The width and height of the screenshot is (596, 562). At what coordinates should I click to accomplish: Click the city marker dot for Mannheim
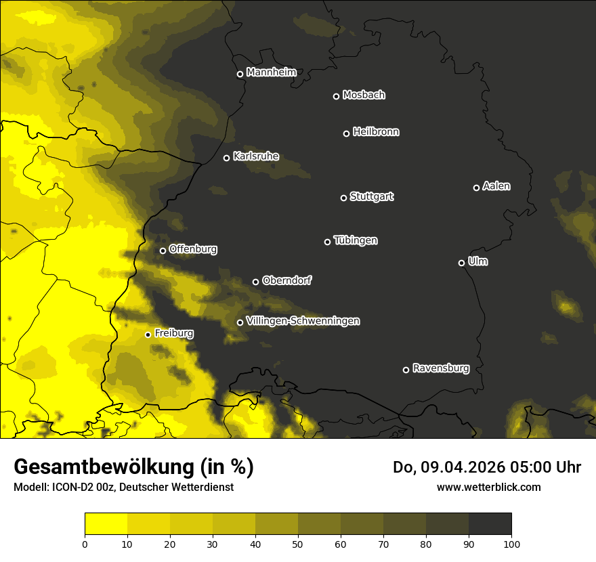coord(240,74)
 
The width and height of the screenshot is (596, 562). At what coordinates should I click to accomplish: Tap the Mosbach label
coord(364,95)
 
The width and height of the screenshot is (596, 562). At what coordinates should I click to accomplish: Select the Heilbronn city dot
coord(346,133)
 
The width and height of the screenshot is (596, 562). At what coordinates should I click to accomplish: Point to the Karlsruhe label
coord(256,156)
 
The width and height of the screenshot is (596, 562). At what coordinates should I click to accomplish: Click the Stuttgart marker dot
coord(343,198)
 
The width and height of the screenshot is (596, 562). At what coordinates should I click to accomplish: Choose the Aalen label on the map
coord(496,186)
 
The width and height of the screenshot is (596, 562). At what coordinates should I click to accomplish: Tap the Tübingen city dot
coord(327,242)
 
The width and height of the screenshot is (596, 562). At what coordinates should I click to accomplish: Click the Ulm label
coord(477,261)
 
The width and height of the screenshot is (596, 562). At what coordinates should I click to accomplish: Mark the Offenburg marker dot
coord(163,251)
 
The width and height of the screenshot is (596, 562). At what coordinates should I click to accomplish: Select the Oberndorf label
coord(287,280)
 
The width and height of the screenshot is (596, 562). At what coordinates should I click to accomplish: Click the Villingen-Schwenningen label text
coord(303,321)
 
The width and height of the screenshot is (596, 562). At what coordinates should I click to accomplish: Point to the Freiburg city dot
coord(148,334)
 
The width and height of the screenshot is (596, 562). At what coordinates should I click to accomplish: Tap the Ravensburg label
coord(441,368)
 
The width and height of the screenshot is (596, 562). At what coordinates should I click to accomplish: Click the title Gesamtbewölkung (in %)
coord(134,467)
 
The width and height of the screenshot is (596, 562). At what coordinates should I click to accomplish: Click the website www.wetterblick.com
coord(489,487)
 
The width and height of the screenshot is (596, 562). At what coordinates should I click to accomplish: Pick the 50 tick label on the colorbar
coord(298,543)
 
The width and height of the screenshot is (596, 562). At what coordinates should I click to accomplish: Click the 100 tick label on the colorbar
coord(511,543)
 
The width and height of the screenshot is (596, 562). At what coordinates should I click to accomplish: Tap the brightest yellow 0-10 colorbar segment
coord(106,524)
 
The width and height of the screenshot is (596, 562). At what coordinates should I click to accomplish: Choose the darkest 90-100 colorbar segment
coord(490,524)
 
